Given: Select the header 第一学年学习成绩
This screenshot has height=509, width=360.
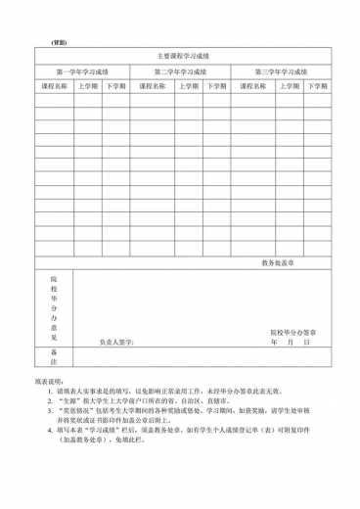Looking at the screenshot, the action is point(82,72).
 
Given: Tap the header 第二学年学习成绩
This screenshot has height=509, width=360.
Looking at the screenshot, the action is point(181,72).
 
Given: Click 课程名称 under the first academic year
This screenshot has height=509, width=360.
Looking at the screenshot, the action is point(54,86).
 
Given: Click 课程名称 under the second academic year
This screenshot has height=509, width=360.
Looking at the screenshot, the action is point(156,86).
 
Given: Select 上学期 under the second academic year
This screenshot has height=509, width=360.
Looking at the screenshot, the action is point(191,86).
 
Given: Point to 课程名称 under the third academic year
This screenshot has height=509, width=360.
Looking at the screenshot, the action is point(252,86).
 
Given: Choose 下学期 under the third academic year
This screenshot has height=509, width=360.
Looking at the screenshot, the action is point(317,86).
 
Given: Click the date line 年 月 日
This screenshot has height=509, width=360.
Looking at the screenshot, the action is point(291,343).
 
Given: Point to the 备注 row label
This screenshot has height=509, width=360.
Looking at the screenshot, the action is point(54,356).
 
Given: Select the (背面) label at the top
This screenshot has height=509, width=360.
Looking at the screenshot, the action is point(59,42).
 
